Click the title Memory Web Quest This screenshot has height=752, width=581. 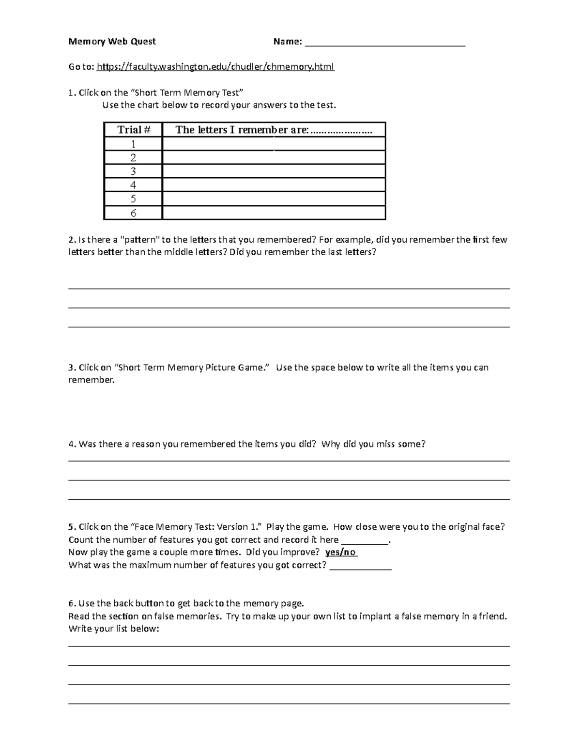coord(112,42)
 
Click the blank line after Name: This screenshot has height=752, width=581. coord(385,43)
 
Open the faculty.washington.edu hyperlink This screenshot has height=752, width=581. coord(215,67)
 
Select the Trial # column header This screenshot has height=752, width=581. coord(134,130)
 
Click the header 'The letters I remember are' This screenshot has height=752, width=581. coord(274,130)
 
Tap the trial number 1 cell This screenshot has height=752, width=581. coord(133,144)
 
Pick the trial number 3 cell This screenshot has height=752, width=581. coord(133,171)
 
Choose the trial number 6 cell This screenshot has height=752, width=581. coord(133,213)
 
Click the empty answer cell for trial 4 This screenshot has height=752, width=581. coord(274,185)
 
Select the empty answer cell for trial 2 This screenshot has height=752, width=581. coord(274,158)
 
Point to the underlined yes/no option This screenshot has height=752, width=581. coord(341,552)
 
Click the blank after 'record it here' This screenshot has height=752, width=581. coord(365,540)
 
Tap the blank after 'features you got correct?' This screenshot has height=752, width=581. coord(360,566)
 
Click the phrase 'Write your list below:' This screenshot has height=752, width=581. coord(114,629)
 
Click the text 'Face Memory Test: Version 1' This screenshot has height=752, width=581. coord(198,527)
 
